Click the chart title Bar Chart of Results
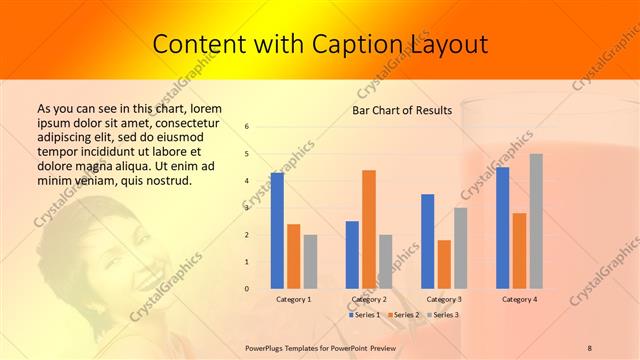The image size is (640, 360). [x=402, y=110]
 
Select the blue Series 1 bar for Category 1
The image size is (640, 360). [x=277, y=230]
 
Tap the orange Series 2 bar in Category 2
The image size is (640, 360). [x=369, y=229]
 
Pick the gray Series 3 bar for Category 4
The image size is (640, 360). [x=536, y=221]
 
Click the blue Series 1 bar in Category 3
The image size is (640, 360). [x=428, y=241]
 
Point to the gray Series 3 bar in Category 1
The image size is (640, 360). [x=310, y=262]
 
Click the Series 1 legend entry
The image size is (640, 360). [x=364, y=315]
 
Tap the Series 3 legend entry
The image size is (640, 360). [x=444, y=315]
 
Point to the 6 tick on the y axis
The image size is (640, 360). [x=247, y=127]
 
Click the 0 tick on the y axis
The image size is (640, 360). [x=247, y=289]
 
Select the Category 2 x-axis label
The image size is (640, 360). [x=369, y=299]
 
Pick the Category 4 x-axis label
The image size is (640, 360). [x=519, y=299]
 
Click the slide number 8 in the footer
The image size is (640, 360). [x=590, y=347]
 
